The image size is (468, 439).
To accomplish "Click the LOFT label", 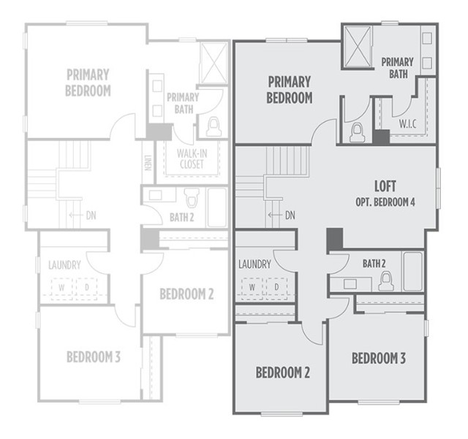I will tap(385, 186).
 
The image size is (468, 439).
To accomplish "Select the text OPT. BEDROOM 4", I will tap(385, 201).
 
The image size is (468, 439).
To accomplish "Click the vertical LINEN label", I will tap(146, 166).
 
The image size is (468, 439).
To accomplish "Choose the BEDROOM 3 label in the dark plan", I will tap(379, 359).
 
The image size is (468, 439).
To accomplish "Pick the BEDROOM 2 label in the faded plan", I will tap(186, 294).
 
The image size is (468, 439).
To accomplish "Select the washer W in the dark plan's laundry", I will tap(252, 287).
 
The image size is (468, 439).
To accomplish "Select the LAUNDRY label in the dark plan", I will tap(254, 264).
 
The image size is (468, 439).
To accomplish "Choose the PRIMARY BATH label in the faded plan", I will tap(183, 103).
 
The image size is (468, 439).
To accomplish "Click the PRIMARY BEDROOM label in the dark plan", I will tap(290, 89).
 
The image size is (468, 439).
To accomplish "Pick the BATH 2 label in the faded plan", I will tap(180, 217).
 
